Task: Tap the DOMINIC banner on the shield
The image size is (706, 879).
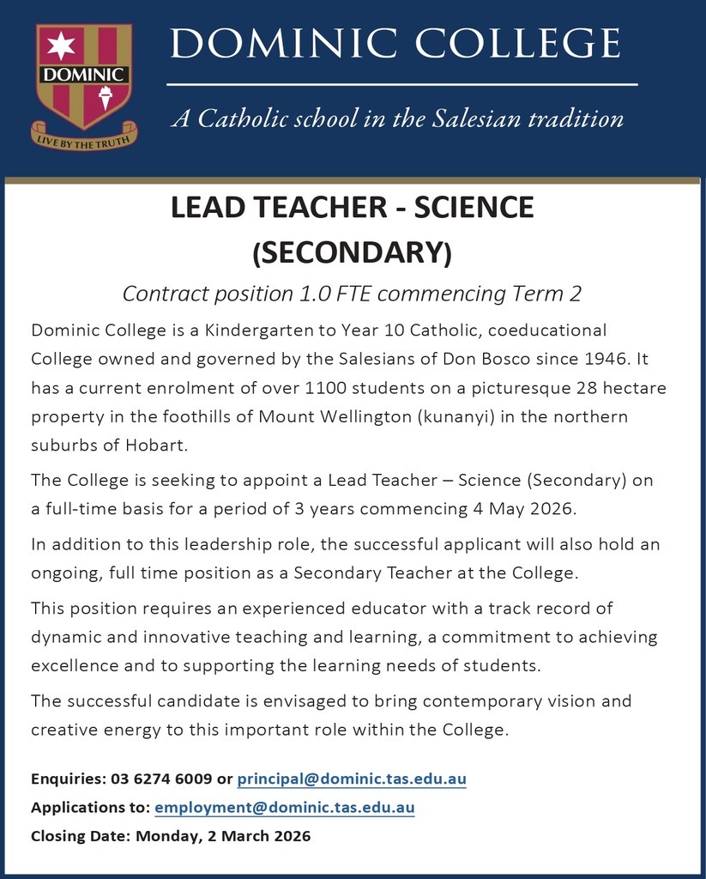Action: (x=84, y=74)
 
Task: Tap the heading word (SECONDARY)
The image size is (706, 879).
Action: (x=352, y=252)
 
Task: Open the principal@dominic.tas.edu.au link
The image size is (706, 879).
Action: (x=352, y=779)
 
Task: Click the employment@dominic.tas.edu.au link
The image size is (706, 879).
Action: (x=284, y=807)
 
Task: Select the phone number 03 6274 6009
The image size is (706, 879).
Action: (x=161, y=779)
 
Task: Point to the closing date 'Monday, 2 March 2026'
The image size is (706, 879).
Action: (x=223, y=835)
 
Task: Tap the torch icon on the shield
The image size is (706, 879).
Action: (x=107, y=96)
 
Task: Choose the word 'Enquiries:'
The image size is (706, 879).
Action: (x=69, y=779)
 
